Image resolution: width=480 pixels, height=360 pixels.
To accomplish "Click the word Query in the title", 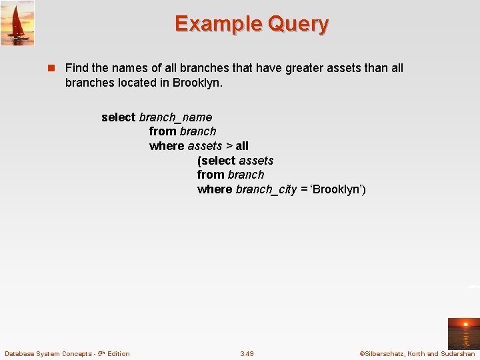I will pos(298,24).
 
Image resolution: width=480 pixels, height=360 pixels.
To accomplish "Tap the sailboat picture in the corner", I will pos(17,23).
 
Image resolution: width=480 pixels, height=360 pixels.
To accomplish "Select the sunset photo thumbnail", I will pos(463,333).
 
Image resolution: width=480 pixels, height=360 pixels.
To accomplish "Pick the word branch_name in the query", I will pos(175,117).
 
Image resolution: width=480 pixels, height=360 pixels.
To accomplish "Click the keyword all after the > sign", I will pos(242,146).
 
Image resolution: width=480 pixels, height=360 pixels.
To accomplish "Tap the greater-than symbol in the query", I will pos(229,146).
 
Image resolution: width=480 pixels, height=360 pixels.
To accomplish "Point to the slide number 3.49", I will pos(247,353).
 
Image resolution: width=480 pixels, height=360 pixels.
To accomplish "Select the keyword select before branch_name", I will pos(119,117).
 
